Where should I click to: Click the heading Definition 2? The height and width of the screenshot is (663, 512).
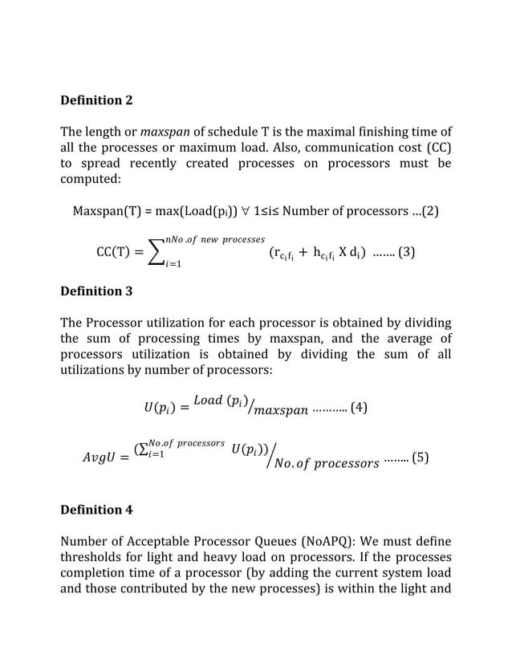pos(97,101)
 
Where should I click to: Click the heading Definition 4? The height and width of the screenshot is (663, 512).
pos(97,510)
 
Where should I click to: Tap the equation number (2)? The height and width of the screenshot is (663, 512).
pos(430,211)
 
